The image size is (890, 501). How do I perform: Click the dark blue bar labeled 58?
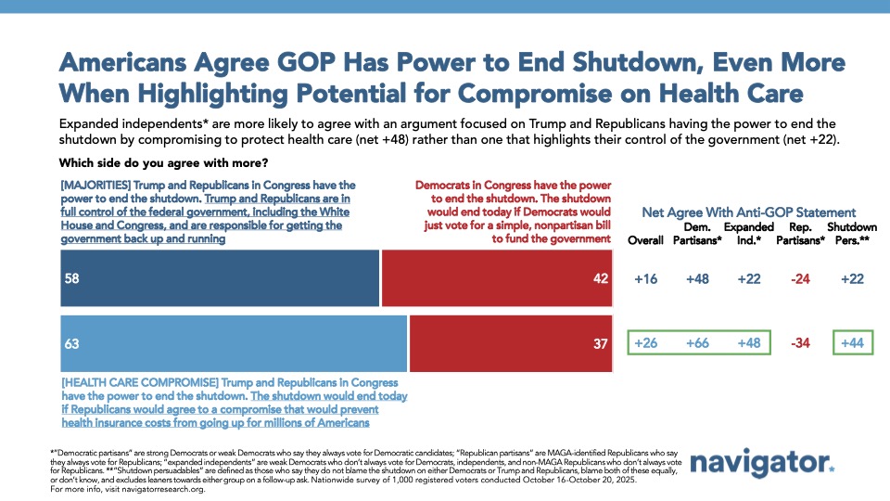220,279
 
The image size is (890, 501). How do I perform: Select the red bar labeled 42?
497,279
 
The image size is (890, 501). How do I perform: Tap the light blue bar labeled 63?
234,343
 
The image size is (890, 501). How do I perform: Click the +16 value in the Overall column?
645,279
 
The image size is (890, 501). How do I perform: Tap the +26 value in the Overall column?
645,343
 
